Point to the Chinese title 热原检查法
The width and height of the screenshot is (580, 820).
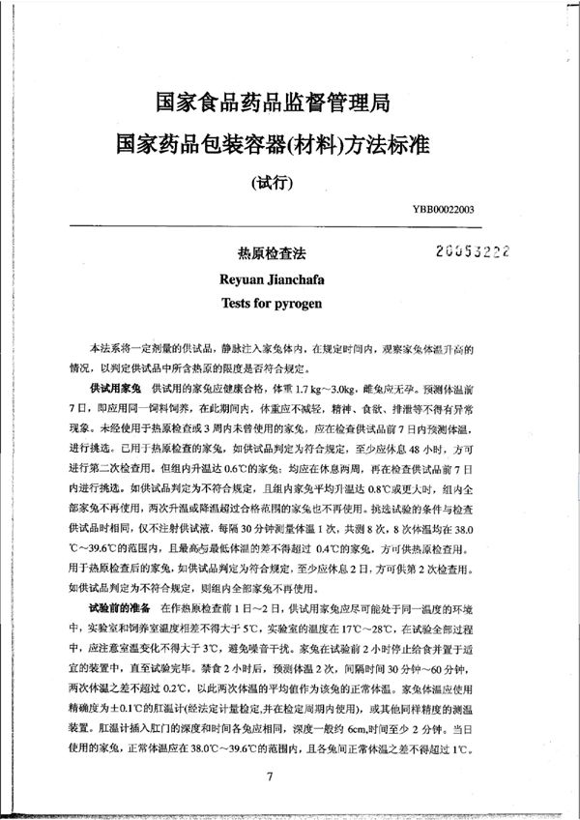pyautogui.click(x=265, y=251)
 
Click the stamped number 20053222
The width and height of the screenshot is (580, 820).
pyautogui.click(x=473, y=249)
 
